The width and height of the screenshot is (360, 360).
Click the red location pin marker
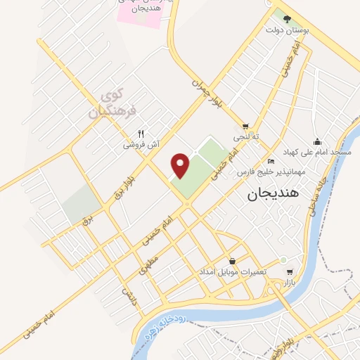pos(181,165)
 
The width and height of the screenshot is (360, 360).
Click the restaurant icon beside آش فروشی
pos(141,133)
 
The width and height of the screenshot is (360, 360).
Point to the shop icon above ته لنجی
pos(245,127)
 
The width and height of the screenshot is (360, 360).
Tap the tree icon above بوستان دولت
pos(285,19)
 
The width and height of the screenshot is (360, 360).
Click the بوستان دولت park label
pos(285,31)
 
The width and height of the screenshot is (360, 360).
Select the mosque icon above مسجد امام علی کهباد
pos(317,141)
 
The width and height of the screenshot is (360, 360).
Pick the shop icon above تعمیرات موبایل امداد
pos(233,261)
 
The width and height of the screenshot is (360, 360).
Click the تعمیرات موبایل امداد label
pos(233,272)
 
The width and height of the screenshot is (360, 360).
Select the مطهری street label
pos(148,262)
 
